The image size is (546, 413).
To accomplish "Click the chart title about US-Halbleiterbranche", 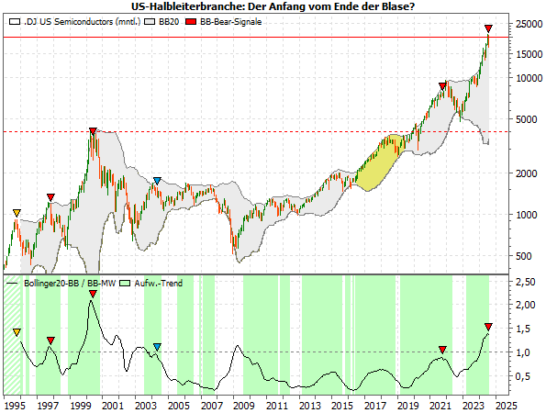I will pos(273,6).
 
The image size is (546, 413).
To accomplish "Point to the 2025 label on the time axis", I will pos(506,404).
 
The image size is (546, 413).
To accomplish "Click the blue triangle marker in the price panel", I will pos(158,181).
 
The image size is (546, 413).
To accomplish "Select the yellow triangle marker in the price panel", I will pos(17,214).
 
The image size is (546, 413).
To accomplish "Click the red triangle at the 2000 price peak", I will pos(92,132).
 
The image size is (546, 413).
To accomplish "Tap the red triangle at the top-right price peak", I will pos(488,29).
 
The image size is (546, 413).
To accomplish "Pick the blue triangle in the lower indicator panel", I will pos(158,347).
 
